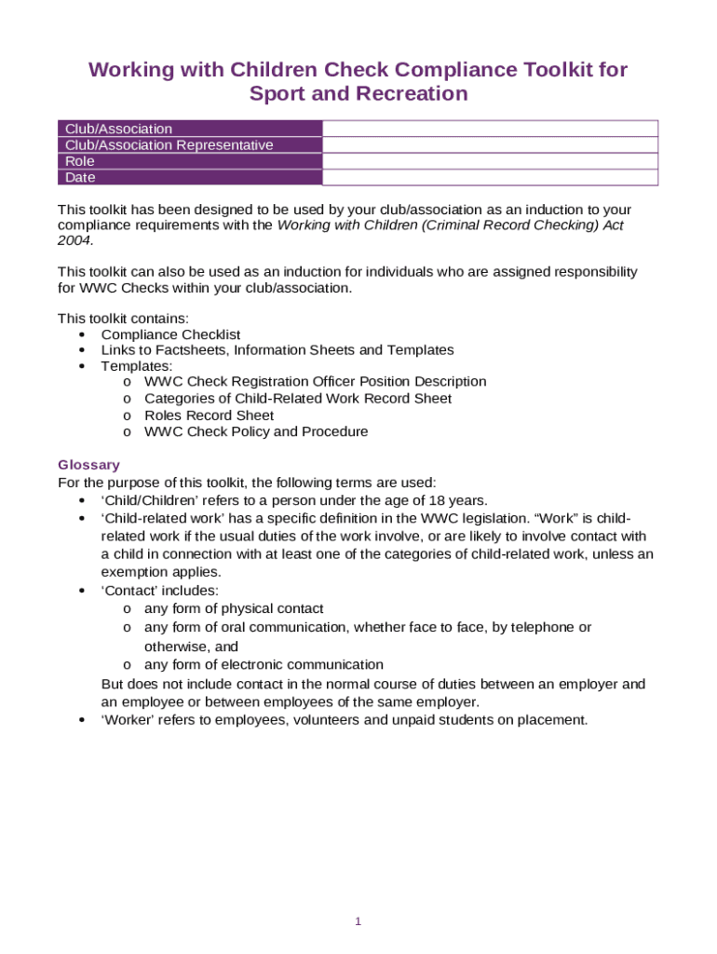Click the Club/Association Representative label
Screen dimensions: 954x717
tap(169, 145)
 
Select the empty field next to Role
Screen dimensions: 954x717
tap(490, 161)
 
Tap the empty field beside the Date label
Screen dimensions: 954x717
tap(490, 177)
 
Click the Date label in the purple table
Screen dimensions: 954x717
tap(80, 177)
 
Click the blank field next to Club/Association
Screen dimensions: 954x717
tap(490, 129)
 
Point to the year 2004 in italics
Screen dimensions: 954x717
tap(74, 240)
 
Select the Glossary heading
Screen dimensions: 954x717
tap(88, 465)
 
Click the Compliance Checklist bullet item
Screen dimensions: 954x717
tap(170, 334)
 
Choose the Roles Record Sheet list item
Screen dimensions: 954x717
tap(209, 416)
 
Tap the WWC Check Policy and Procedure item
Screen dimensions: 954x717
tap(256, 432)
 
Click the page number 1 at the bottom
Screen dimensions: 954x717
tap(358, 922)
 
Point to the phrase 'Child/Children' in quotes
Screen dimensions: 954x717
tap(148, 500)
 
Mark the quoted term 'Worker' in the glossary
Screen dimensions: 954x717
tap(128, 720)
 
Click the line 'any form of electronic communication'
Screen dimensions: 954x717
tap(264, 665)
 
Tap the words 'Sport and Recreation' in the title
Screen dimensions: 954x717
tap(358, 94)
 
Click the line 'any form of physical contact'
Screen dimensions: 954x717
tap(234, 609)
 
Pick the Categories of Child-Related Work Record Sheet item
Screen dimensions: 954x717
tap(298, 399)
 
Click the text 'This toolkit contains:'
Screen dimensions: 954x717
tap(123, 319)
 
